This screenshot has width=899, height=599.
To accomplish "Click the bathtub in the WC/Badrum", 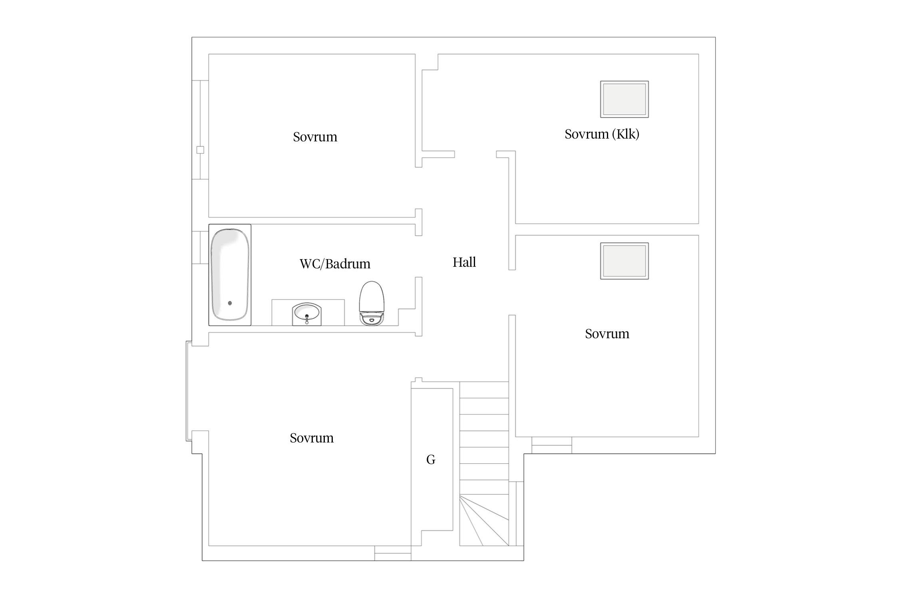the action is [230, 275].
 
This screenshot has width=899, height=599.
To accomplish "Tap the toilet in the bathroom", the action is [372, 303].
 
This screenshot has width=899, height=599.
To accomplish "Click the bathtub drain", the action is [230, 303].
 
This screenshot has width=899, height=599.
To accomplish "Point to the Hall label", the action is [464, 262].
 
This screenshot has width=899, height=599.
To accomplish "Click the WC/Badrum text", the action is [335, 264].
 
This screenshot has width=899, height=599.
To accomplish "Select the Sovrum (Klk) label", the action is [602, 134].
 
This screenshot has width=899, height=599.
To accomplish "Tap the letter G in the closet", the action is [431, 460].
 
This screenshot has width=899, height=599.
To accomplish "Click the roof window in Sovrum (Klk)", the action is [624, 99].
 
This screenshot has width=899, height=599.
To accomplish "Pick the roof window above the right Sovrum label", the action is [624, 261].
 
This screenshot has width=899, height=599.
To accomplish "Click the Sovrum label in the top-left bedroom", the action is [315, 137].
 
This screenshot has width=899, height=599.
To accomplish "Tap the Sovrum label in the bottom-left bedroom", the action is [312, 438].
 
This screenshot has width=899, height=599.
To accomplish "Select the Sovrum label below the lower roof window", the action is [607, 334].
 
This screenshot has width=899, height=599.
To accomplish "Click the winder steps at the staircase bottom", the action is [484, 521].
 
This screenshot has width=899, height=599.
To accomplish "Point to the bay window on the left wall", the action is [189, 391].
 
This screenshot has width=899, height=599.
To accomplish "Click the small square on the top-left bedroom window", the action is [200, 150].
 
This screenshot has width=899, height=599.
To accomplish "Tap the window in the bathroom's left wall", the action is [200, 248].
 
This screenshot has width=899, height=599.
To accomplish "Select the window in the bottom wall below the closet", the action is [393, 553].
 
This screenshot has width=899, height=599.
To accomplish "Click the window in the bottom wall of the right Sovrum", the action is [552, 445].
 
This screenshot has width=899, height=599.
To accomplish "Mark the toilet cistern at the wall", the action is [372, 319].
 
